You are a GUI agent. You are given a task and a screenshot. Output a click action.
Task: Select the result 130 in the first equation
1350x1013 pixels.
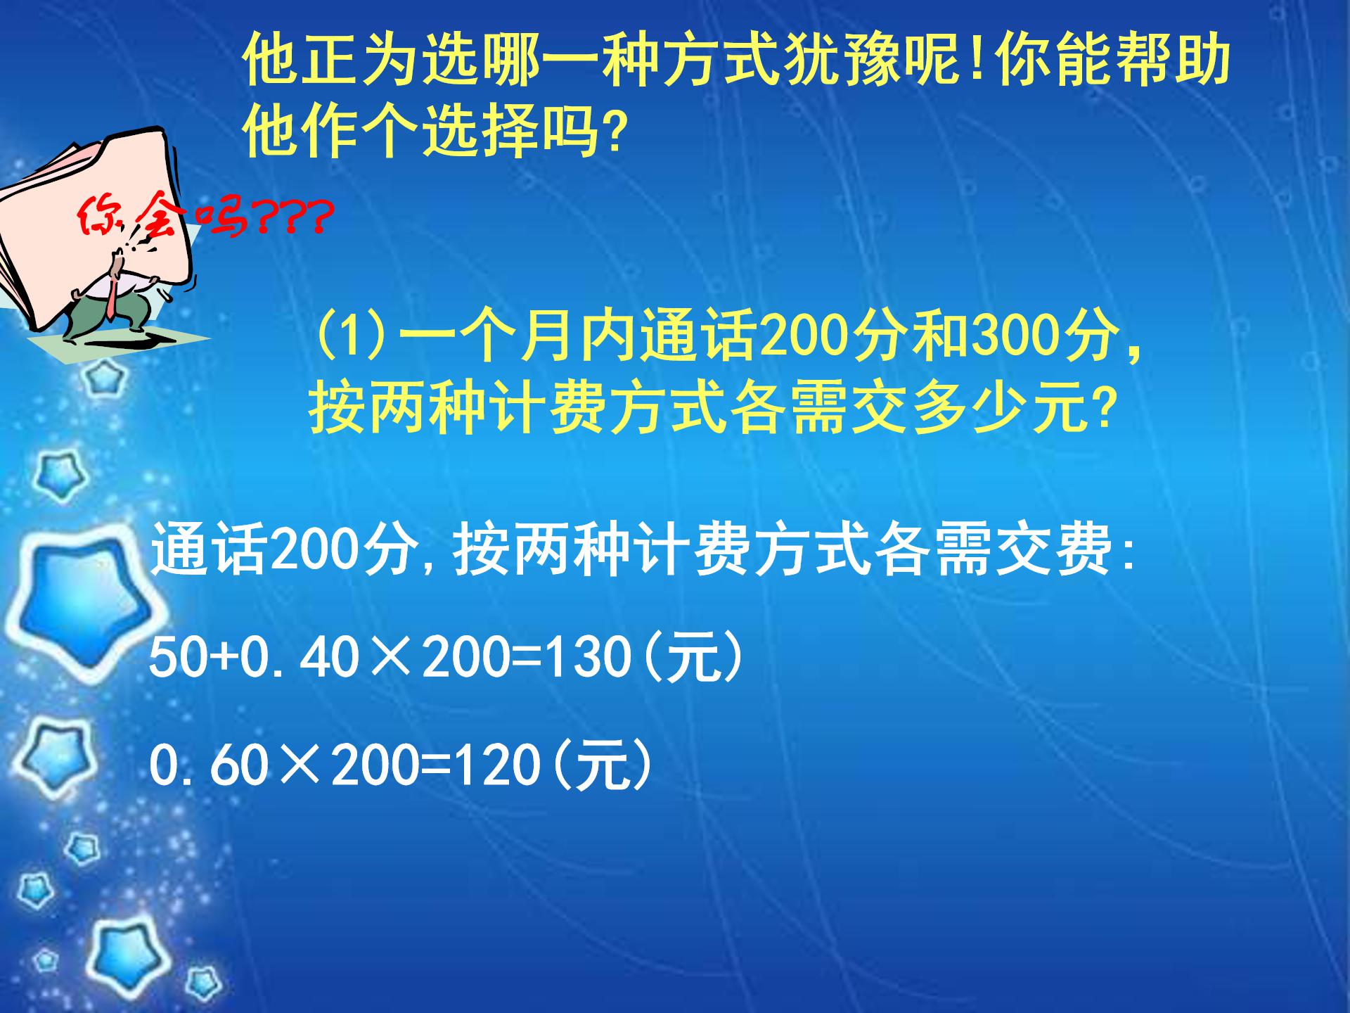click(x=587, y=658)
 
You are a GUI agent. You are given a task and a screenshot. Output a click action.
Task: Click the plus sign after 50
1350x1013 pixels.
click(x=224, y=658)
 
